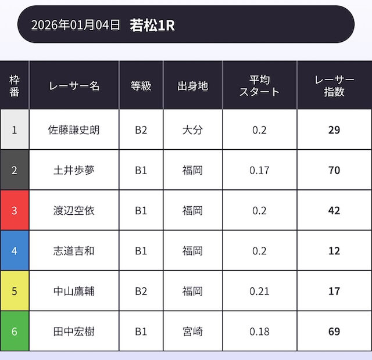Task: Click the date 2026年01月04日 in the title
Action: (x=76, y=25)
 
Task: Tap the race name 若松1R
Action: (x=152, y=25)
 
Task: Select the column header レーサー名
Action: (x=74, y=86)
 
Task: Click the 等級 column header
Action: (x=141, y=86)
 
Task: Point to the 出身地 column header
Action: (x=192, y=86)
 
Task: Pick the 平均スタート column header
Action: (x=259, y=86)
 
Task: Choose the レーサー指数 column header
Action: (x=334, y=86)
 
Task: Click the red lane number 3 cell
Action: (x=15, y=210)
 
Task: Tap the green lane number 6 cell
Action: (x=15, y=332)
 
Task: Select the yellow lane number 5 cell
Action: (x=15, y=291)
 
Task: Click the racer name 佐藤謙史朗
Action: (x=74, y=129)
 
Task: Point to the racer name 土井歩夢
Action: (x=74, y=170)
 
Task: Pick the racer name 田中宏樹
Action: (x=74, y=332)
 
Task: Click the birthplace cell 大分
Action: (x=192, y=129)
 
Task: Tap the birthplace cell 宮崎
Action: (x=192, y=332)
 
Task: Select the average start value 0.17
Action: (x=259, y=170)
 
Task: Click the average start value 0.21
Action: (x=259, y=291)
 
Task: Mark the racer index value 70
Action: (x=334, y=170)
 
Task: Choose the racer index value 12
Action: (x=334, y=251)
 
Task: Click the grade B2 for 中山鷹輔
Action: (x=141, y=291)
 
